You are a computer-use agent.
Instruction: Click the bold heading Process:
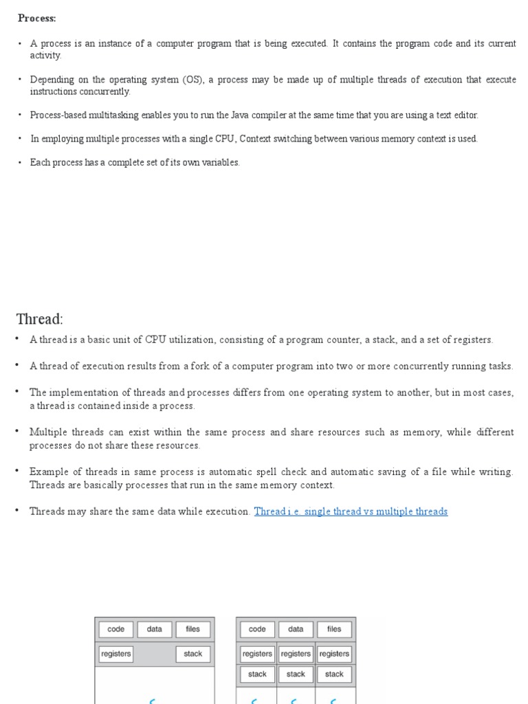pos(37,19)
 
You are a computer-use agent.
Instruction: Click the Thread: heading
pos(39,319)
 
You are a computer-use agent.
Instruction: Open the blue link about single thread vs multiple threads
pos(351,511)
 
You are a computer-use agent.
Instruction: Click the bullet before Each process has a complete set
pos(20,163)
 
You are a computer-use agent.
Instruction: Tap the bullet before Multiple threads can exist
pos(18,432)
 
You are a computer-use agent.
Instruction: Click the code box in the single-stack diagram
pos(116,629)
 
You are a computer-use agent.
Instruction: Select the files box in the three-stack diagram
pos(334,629)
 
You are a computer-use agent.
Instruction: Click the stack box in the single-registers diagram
pos(193,654)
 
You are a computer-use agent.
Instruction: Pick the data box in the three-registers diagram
pos(296,629)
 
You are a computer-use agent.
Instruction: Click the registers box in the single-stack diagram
pos(116,654)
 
